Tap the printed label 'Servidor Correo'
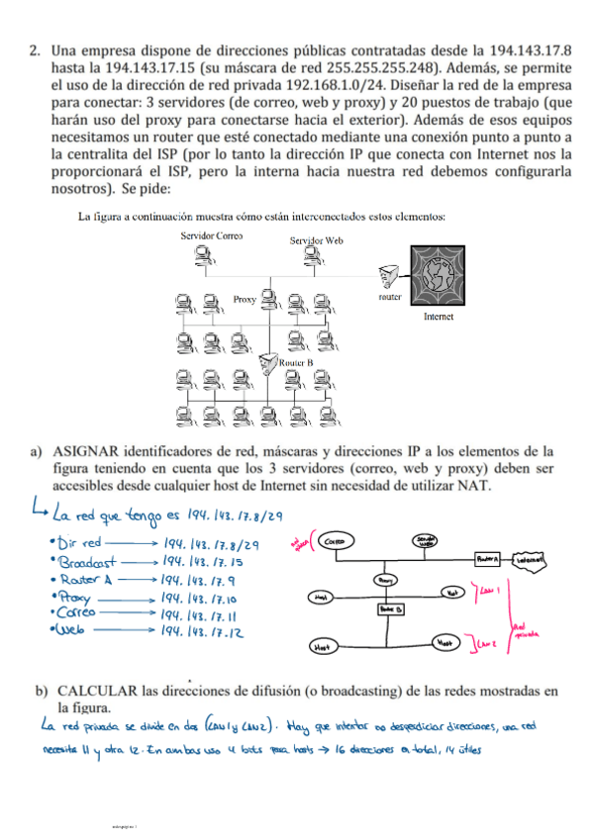(212, 235)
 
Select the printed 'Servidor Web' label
(317, 240)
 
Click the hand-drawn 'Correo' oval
(335, 542)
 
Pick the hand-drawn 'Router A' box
(487, 559)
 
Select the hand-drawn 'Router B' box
(386, 609)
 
